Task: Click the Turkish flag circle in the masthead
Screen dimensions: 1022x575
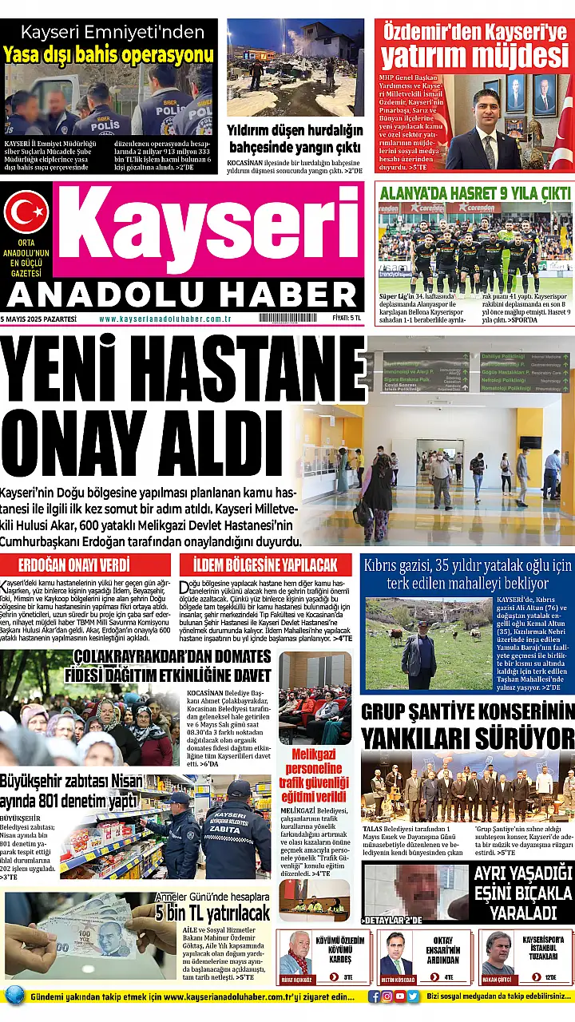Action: click(x=26, y=212)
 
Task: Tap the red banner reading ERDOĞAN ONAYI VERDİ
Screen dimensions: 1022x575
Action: click(x=85, y=565)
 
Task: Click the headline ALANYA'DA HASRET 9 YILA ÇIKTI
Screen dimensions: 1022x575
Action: click(x=475, y=193)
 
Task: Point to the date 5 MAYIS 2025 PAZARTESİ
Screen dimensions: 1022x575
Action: click(x=39, y=318)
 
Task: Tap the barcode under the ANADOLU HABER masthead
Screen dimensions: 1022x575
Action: click(x=287, y=318)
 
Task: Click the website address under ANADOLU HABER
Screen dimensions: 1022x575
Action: click(x=165, y=318)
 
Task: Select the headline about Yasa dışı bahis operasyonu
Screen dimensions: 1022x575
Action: click(x=109, y=54)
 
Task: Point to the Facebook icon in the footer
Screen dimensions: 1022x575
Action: click(x=375, y=996)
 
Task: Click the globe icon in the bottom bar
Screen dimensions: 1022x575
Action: click(x=14, y=996)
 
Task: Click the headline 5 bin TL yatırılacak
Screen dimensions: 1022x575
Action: click(x=213, y=913)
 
